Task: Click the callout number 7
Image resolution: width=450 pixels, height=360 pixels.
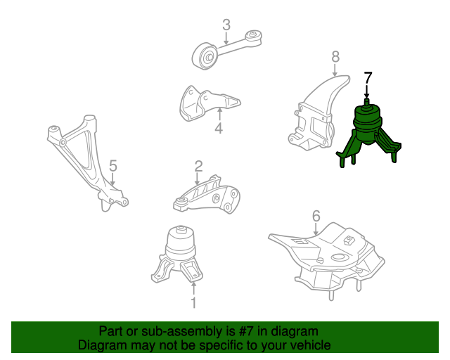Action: point(368,78)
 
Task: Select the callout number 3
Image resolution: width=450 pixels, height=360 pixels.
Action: point(226,25)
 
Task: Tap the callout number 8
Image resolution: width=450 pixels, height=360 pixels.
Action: point(335,56)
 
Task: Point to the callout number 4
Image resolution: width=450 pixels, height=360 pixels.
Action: point(219,129)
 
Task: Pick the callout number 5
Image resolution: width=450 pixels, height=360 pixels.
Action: point(112,167)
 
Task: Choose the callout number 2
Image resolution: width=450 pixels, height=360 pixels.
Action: point(198,167)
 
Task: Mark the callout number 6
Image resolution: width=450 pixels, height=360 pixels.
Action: point(316,216)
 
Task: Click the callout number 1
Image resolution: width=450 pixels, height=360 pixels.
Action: point(193,304)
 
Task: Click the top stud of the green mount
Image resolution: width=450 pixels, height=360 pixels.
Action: point(366,103)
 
